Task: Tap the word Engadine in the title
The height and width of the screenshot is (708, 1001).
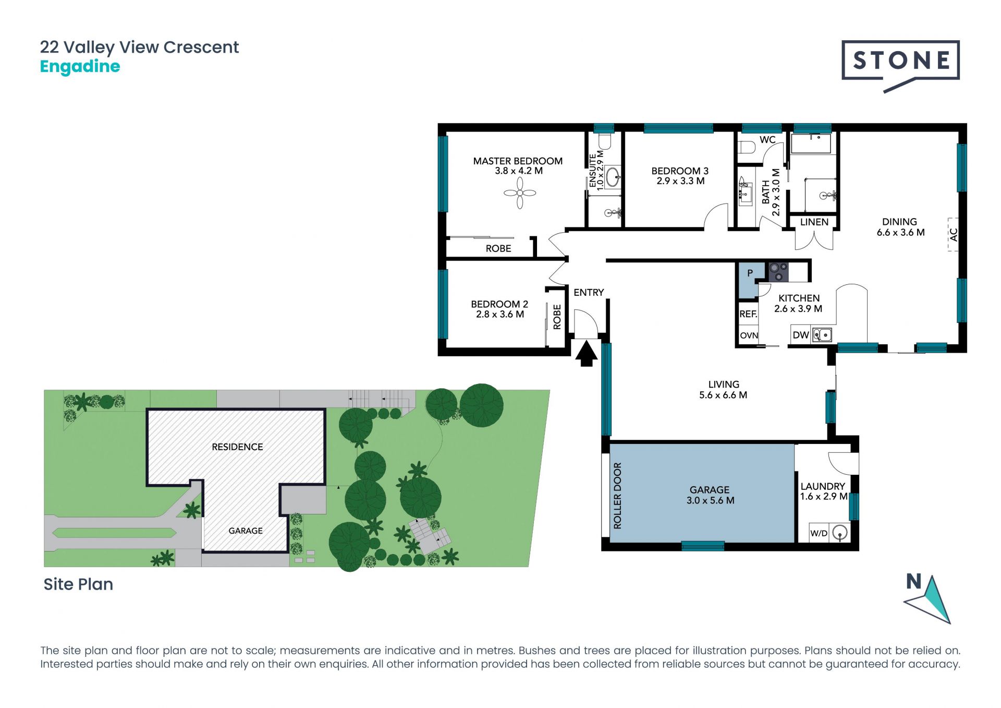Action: tap(80, 67)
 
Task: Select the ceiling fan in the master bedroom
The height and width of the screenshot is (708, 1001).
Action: tap(520, 193)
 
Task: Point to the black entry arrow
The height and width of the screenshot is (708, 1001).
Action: tap(587, 353)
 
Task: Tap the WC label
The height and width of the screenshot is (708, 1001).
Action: tap(767, 140)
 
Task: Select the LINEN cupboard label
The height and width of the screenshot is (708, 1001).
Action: tap(814, 222)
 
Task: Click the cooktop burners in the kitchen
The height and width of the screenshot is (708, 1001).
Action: tap(778, 272)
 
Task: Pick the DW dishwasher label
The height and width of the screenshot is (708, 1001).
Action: tap(800, 335)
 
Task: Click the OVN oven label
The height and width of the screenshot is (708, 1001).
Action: tap(749, 335)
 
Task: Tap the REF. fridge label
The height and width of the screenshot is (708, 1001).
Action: tap(748, 314)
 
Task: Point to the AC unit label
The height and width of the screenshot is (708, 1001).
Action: tap(954, 235)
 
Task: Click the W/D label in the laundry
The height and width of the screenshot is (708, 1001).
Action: tap(819, 533)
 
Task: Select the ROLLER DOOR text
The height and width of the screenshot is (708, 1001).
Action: tap(618, 496)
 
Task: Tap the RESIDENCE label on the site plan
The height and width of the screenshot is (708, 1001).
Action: tap(237, 447)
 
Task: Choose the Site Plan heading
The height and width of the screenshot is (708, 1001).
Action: tap(78, 584)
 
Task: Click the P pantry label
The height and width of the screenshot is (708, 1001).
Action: tap(750, 273)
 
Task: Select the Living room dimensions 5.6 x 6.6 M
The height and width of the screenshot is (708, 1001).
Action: tap(723, 395)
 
